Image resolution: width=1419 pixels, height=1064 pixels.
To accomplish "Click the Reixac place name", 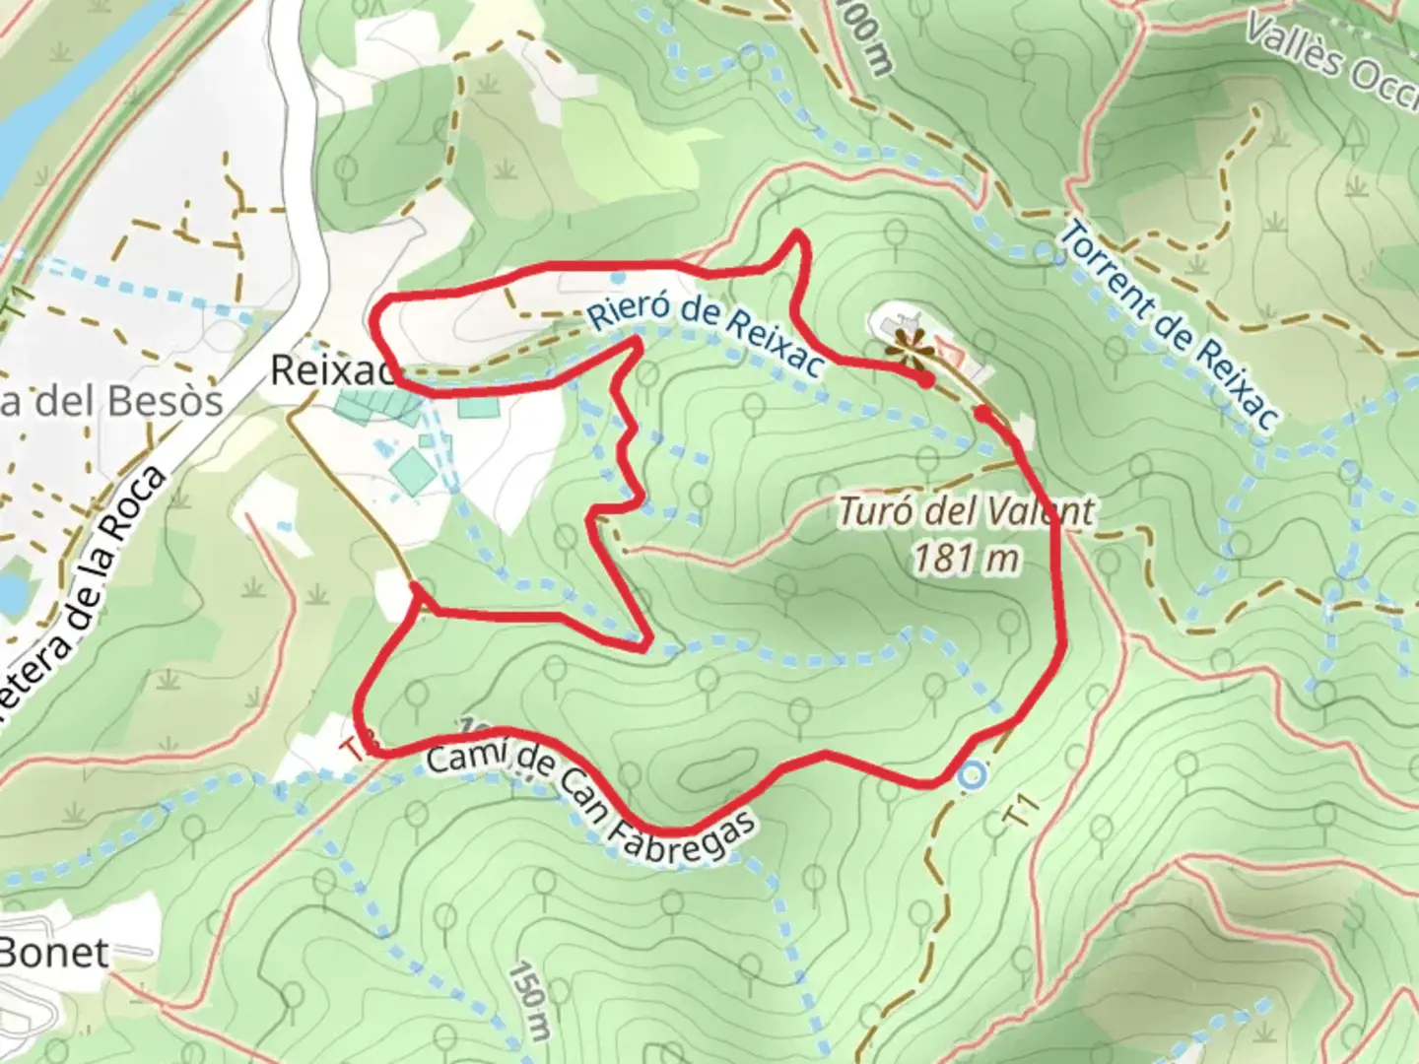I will [x=331, y=371].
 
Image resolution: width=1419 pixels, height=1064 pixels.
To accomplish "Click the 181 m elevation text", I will [x=966, y=559].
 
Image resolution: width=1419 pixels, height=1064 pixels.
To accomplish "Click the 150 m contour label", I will [x=529, y=999].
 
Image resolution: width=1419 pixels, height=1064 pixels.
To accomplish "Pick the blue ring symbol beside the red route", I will [x=972, y=775].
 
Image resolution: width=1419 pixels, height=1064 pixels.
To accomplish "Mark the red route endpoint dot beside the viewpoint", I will [x=926, y=379].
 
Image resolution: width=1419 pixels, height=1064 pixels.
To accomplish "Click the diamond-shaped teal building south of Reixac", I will [x=413, y=472].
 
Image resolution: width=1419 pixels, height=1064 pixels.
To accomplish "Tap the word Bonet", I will [x=54, y=952].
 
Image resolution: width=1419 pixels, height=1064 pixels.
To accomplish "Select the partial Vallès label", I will [x=1330, y=54].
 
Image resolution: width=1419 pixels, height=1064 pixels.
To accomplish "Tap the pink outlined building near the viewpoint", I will [x=949, y=350].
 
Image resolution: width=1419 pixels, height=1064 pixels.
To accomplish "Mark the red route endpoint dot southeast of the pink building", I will [x=982, y=412].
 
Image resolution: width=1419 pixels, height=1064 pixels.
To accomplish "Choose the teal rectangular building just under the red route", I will [x=478, y=405].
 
